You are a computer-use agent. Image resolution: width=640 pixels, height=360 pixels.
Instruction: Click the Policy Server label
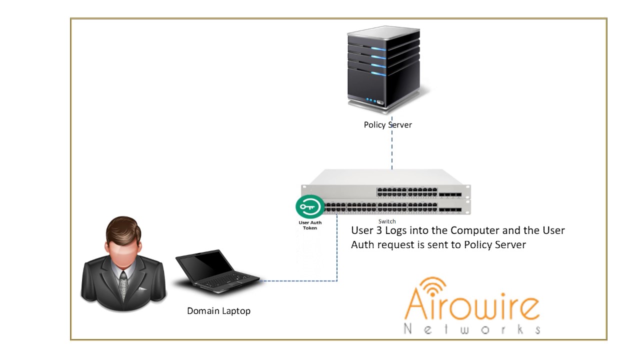point(387,125)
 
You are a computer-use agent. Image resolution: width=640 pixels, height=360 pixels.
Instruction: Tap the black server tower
point(383,68)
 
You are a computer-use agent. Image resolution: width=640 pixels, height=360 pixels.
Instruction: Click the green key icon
point(310,206)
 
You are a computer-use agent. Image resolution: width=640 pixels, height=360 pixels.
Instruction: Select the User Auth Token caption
point(310,225)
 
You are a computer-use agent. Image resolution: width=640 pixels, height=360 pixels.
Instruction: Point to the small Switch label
point(387,221)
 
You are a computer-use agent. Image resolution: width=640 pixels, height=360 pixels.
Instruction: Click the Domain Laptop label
point(219,311)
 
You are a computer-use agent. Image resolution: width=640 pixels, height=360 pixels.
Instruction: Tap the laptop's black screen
point(204,265)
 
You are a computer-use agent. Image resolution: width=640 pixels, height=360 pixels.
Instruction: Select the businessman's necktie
point(123,285)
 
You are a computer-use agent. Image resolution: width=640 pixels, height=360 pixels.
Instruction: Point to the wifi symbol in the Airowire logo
point(433,286)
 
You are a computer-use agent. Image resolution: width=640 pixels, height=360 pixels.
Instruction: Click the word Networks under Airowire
point(472,329)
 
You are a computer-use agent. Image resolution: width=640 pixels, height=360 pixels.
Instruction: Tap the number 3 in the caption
point(379,230)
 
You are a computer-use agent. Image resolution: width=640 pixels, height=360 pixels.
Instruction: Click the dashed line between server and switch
point(391,143)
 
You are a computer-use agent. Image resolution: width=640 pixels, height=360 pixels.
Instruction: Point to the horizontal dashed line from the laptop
point(298,281)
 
